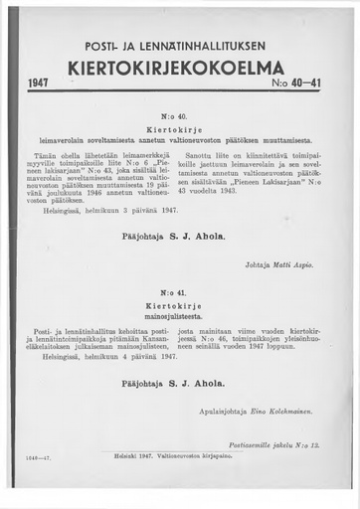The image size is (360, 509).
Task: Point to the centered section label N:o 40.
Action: coord(180,117)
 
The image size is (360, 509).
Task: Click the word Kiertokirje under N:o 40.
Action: coord(180,130)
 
